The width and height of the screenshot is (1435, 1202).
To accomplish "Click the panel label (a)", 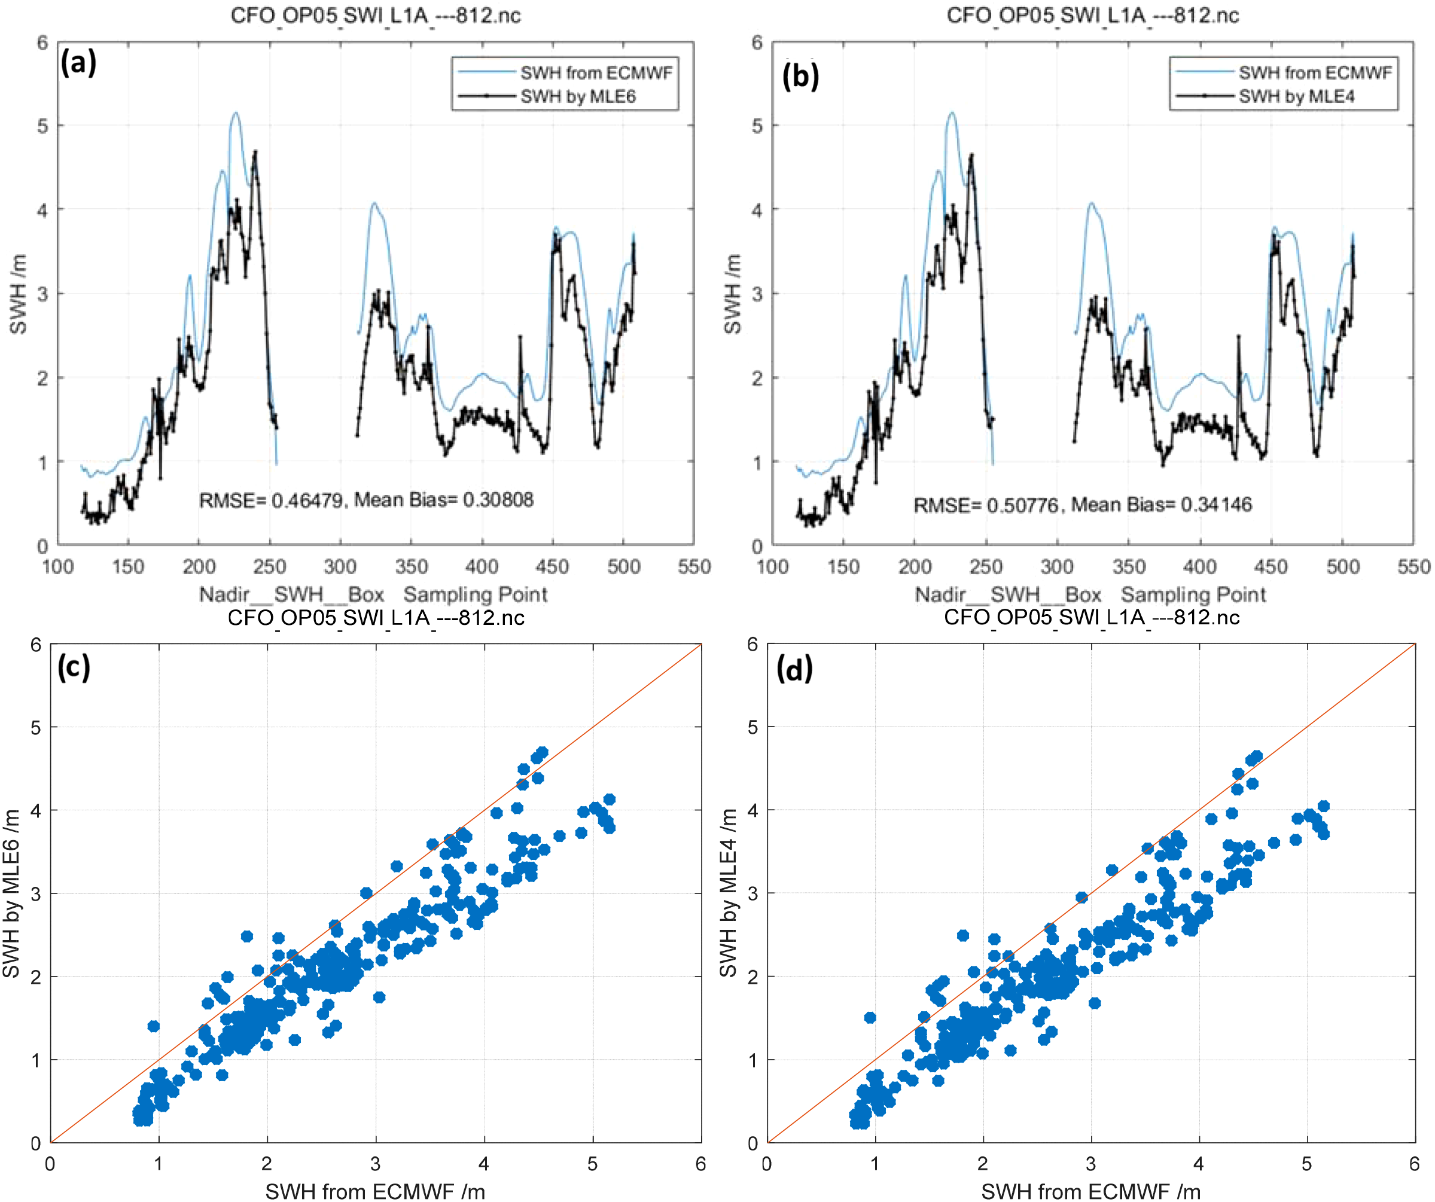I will (78, 63).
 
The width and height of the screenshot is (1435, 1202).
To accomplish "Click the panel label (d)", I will (795, 669).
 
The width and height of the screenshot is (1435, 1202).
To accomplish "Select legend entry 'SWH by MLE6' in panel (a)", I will (577, 96).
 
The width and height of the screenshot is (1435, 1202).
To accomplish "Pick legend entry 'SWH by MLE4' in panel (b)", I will (1296, 96).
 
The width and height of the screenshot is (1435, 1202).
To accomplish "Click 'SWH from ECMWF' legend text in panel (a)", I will (596, 72).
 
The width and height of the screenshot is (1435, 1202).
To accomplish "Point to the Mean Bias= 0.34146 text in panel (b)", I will (1161, 504).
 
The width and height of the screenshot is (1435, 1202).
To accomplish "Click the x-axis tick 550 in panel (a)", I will (694, 566).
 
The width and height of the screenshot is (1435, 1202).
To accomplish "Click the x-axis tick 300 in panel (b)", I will (1056, 566).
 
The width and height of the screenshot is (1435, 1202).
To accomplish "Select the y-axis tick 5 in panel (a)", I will (42, 126).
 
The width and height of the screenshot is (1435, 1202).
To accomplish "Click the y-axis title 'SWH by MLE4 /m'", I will (729, 892).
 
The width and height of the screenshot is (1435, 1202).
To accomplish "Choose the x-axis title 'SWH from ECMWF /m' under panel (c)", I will (375, 1191).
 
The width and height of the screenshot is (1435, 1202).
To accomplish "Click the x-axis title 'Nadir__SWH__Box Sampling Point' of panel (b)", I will (1090, 594).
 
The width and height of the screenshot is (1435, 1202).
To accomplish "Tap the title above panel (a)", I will (375, 15).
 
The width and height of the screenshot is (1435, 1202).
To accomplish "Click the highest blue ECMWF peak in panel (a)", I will (236, 113).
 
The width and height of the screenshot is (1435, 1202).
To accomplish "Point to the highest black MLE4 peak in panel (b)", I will (971, 156).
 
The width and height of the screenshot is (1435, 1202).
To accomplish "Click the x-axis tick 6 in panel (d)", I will (1414, 1164).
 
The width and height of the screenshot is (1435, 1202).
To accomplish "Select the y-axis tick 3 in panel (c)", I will (35, 894).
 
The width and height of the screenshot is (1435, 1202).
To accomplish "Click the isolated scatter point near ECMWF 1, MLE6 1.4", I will (153, 1026).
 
